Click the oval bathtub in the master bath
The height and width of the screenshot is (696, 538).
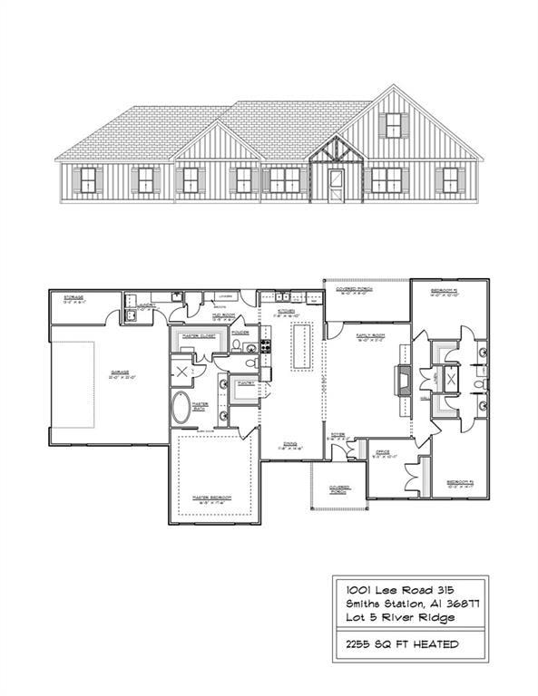click(x=182, y=410)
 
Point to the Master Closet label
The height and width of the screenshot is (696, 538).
click(x=199, y=335)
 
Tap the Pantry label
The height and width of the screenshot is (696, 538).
click(x=245, y=383)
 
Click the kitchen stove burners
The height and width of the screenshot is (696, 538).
click(x=267, y=345)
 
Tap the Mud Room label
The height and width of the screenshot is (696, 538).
click(x=223, y=317)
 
